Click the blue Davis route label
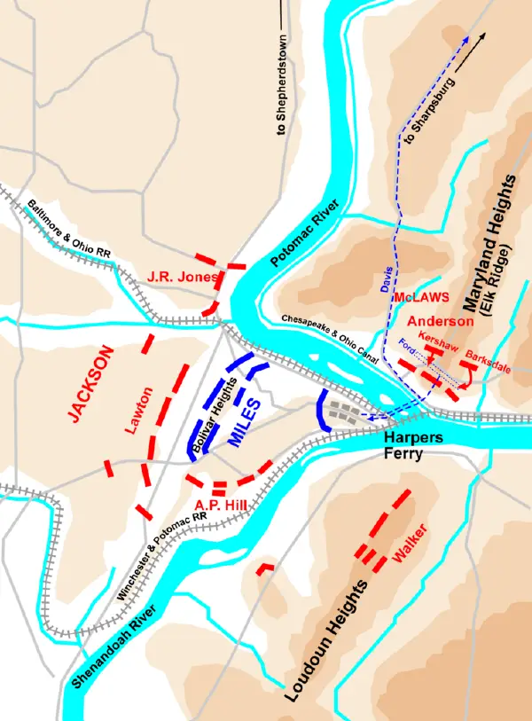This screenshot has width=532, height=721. [x=387, y=282]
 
